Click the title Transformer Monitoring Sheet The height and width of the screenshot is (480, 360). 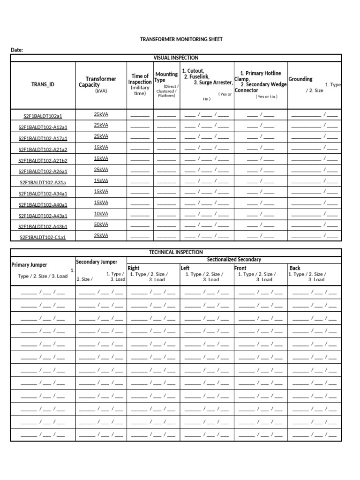tap(181, 39)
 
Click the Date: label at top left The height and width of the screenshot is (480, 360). tap(17, 50)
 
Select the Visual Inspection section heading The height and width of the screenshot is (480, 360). tap(176, 58)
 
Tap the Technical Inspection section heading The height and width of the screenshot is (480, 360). tap(176, 252)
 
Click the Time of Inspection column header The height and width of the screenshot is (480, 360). tap(140, 79)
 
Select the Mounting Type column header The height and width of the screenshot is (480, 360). tap(166, 77)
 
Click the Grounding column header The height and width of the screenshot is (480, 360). tap(300, 79)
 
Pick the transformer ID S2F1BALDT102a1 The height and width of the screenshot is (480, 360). tap(43, 116)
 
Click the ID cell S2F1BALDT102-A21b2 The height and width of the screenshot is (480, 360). tap(43, 160)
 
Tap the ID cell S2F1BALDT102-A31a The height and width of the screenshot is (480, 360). tap(43, 182)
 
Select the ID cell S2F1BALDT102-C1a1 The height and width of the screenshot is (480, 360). tap(43, 237)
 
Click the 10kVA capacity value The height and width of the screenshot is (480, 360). tap(101, 214)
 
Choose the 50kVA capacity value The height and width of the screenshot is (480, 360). tap(101, 225)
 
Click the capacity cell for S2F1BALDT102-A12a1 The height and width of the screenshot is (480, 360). tap(101, 125)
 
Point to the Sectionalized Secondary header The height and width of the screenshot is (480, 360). tap(234, 260)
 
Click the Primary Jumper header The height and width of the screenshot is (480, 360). tap(29, 265)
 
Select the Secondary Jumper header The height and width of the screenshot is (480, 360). tap(97, 262)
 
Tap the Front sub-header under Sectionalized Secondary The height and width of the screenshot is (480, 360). tap(240, 268)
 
